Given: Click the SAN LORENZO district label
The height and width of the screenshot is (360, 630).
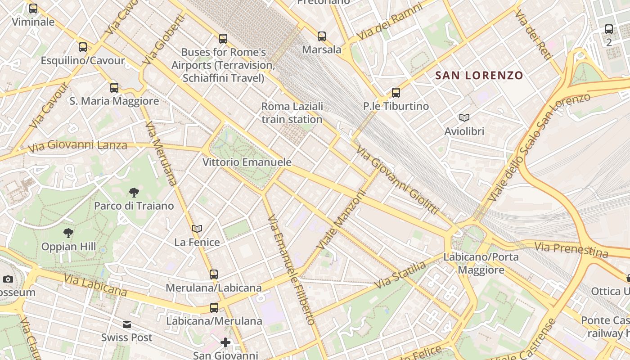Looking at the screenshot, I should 479,76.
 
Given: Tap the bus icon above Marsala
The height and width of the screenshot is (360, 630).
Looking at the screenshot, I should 321,36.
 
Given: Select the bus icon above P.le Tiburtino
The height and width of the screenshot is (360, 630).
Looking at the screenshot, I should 396,93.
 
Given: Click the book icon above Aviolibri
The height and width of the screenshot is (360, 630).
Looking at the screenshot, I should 464,118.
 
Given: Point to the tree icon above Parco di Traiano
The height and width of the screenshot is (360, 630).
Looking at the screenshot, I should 134,193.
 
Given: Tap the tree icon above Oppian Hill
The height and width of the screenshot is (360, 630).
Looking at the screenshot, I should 68,233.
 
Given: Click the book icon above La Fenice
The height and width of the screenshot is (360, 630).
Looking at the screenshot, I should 197,229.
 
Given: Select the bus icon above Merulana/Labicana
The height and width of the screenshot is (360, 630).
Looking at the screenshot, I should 214,274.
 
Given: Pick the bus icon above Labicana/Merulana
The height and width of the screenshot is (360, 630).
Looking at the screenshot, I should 214,308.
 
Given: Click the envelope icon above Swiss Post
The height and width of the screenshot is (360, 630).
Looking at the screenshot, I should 127,324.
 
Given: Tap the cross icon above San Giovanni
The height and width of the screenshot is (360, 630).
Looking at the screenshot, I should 225,342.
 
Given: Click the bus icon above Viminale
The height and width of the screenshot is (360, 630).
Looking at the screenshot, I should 33,8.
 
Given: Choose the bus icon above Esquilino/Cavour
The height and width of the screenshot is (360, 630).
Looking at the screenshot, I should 83,47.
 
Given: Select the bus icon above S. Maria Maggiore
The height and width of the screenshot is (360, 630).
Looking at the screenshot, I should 114,87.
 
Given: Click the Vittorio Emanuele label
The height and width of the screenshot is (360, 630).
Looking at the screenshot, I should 247,162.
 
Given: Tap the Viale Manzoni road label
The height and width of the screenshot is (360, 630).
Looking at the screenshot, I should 341,220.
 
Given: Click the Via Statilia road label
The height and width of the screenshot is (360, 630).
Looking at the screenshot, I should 400,275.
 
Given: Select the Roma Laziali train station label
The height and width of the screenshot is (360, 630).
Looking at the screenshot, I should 292,113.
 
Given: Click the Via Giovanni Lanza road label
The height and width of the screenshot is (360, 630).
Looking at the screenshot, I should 77,145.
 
